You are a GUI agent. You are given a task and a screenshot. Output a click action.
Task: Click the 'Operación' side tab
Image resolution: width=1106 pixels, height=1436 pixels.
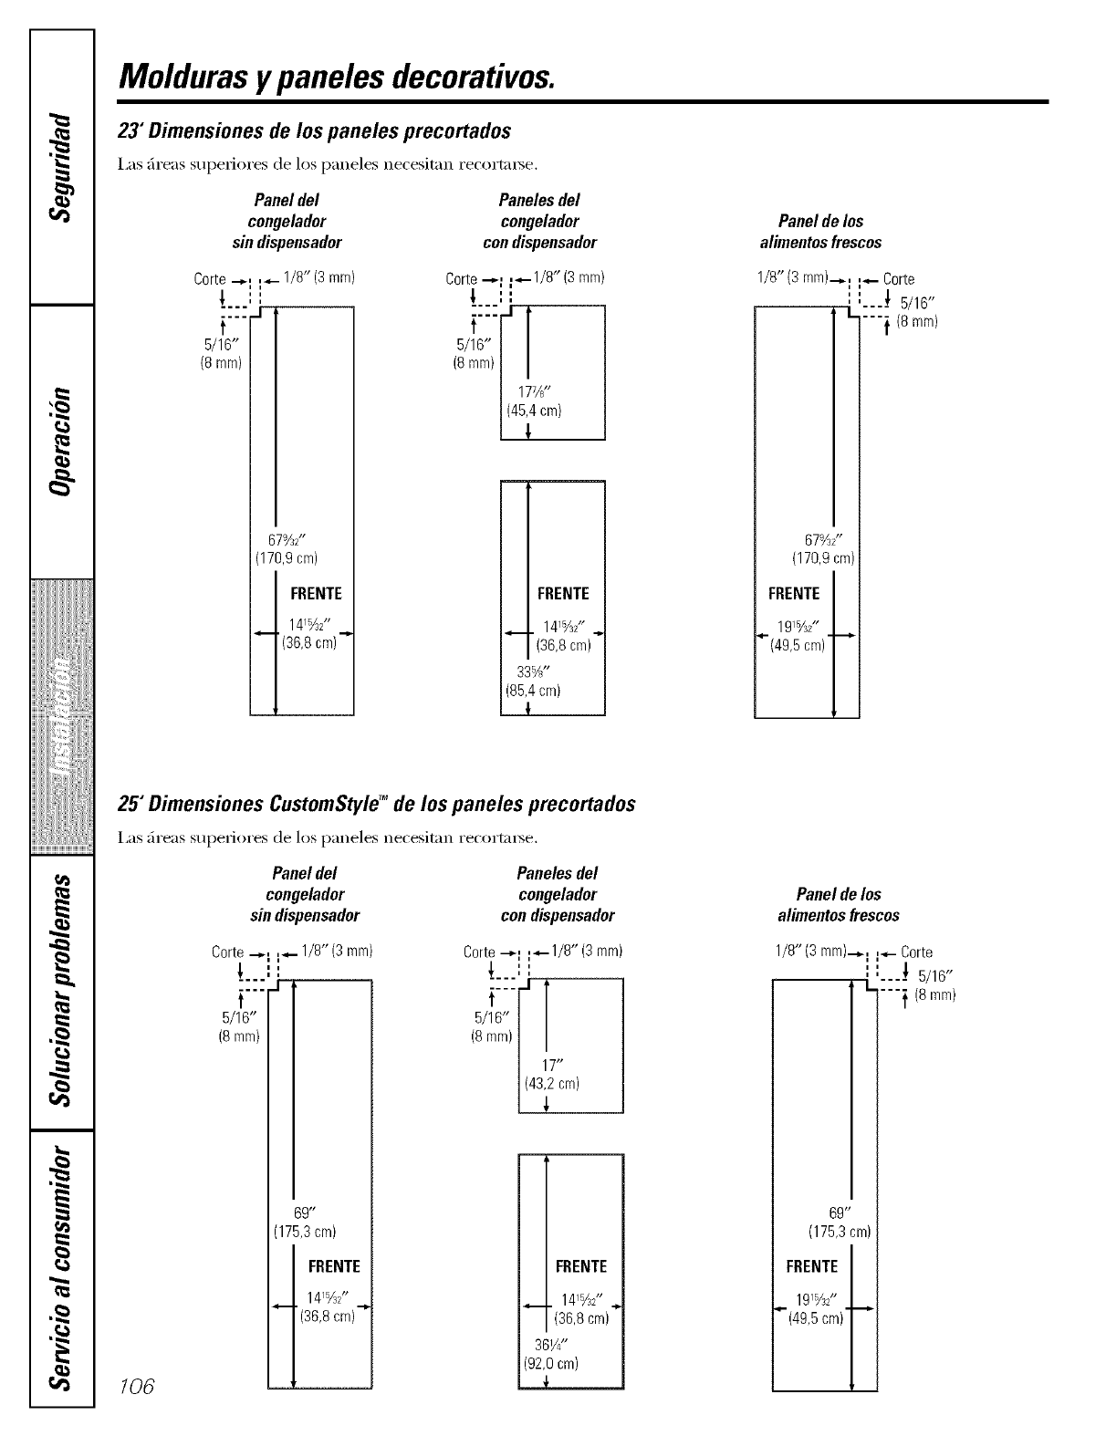[x=61, y=441]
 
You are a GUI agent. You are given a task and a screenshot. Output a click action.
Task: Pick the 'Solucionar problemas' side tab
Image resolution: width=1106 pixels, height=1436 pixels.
[x=61, y=991]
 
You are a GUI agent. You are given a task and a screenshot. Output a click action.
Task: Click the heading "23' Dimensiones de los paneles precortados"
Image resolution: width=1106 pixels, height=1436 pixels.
[x=314, y=130]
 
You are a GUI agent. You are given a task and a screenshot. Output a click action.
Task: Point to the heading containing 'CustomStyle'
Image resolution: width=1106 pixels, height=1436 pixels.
[x=376, y=804]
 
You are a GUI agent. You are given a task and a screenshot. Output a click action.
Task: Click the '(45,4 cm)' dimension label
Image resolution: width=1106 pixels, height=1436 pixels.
[x=533, y=411]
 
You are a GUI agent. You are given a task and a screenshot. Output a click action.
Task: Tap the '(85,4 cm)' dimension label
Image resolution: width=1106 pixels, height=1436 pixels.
[x=532, y=691]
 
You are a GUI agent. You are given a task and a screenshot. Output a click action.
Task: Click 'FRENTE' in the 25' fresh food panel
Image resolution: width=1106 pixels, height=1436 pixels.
[x=811, y=1266]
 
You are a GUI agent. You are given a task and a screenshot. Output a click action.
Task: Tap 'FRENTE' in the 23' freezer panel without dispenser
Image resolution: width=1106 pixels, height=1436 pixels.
[x=316, y=594]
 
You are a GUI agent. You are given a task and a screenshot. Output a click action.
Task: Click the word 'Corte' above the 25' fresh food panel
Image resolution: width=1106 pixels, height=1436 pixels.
[x=916, y=952]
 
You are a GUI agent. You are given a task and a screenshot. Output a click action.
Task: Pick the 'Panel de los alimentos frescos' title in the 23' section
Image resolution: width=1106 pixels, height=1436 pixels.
[x=820, y=232]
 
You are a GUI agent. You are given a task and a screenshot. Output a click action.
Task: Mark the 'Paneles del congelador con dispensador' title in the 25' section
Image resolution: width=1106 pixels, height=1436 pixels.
[x=558, y=894]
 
